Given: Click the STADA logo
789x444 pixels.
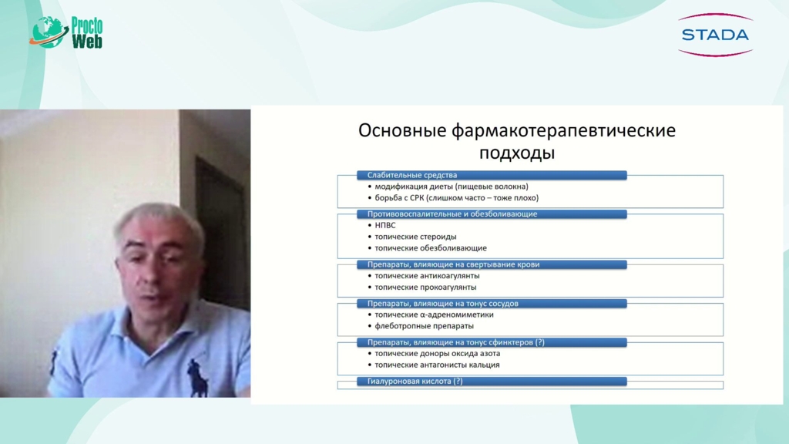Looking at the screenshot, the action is click(715, 35).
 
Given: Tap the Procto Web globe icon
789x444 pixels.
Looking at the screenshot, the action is click(49, 32).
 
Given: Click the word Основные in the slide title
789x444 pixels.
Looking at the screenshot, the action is click(402, 130).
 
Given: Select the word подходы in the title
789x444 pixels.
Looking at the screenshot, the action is click(517, 153).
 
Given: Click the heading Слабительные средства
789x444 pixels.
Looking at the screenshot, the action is click(412, 175).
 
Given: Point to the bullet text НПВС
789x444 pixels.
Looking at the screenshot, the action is click(385, 226).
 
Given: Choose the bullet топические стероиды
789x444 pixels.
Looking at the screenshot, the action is click(415, 237).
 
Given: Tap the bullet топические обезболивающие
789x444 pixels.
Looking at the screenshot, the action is click(431, 248).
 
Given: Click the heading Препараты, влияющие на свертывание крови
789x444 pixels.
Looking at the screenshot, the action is click(453, 264).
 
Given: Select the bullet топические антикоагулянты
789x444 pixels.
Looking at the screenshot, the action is click(427, 276).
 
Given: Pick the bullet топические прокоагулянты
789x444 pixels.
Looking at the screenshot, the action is click(425, 288).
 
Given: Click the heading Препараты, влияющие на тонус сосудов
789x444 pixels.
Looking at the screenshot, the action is click(443, 304).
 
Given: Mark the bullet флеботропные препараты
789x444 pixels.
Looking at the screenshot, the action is click(425, 326).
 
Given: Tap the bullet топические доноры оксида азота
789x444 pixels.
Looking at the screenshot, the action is click(438, 353).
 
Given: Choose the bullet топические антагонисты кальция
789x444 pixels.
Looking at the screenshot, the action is click(438, 365).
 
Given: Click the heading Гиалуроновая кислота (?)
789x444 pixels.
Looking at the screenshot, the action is click(415, 381).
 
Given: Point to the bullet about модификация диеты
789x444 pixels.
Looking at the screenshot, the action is click(452, 187).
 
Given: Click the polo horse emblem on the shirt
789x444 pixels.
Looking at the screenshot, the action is click(197, 378).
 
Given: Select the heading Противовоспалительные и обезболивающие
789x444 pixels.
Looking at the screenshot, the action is click(452, 214).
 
